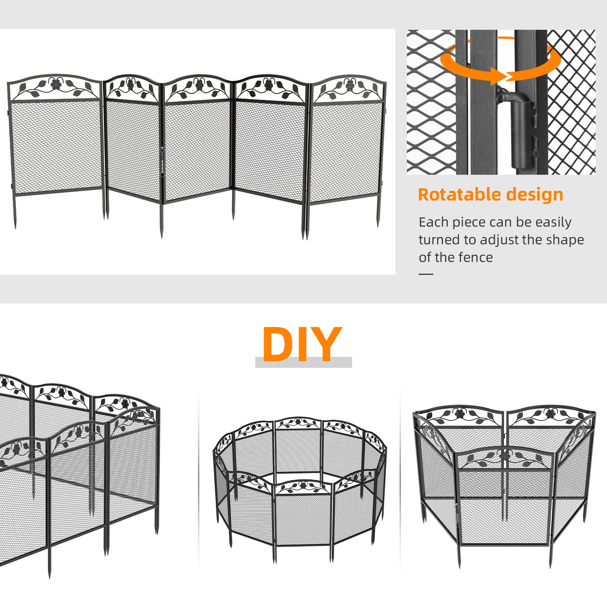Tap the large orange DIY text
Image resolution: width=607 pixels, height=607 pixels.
pyautogui.click(x=302, y=344)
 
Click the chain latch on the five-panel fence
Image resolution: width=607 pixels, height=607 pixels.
pyautogui.click(x=162, y=162)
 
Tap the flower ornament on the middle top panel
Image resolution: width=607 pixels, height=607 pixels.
pyautogui.click(x=199, y=85)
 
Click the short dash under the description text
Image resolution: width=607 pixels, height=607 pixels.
pyautogui.click(x=426, y=274)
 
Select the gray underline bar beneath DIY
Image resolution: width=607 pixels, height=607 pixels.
pyautogui.click(x=303, y=363)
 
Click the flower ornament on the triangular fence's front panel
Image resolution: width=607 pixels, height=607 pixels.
pyautogui.click(x=505, y=455)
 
